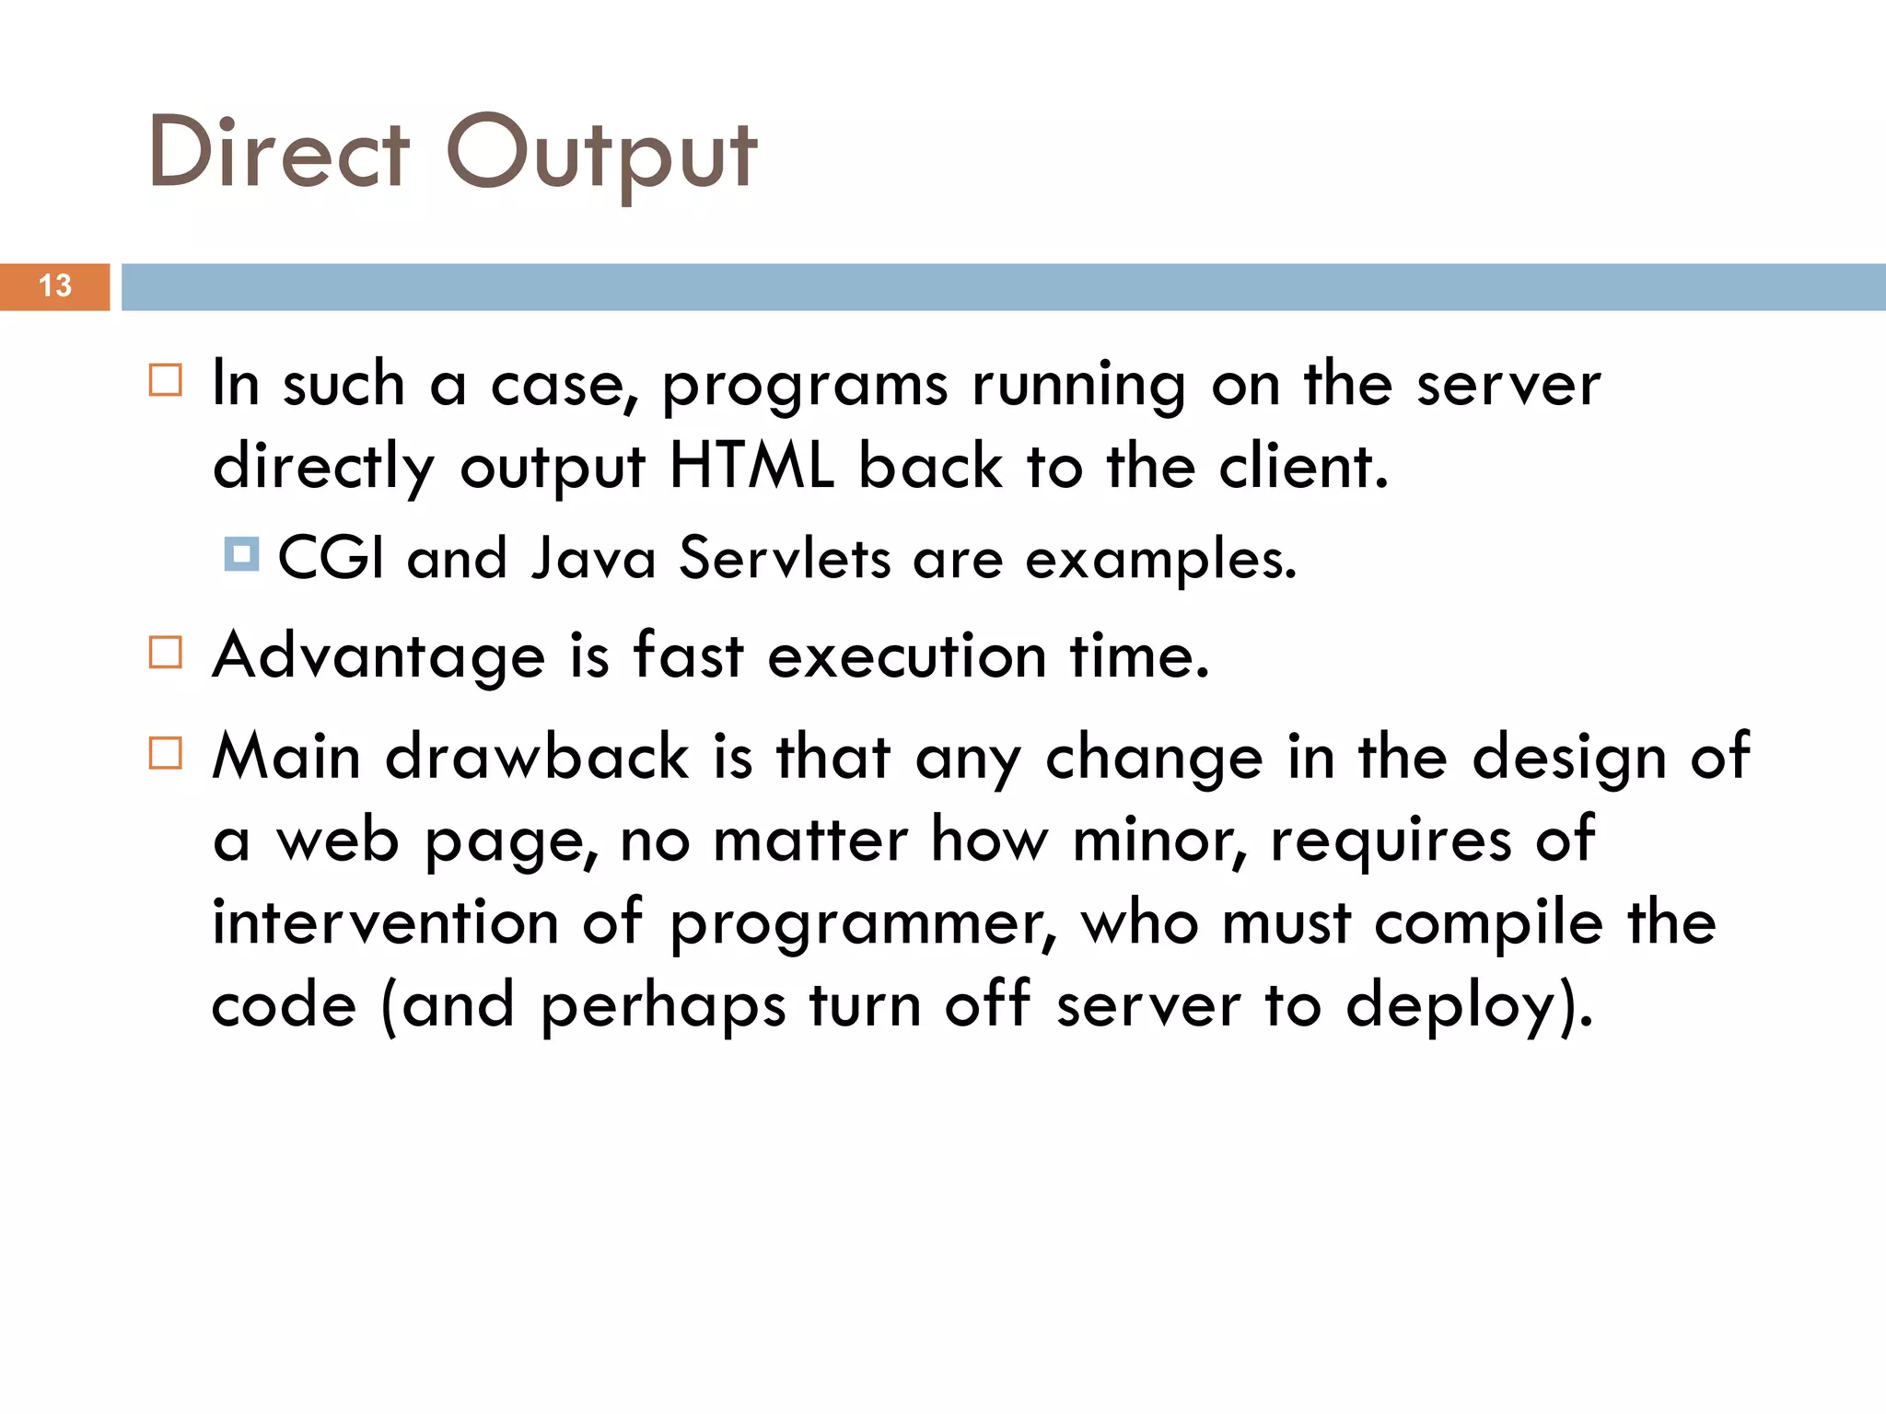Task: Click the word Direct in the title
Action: (278, 153)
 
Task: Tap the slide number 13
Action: (55, 286)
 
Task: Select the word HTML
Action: (751, 466)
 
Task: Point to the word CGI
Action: (331, 558)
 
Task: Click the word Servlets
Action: (785, 558)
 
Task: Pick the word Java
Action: (594, 558)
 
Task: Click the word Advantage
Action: (379, 656)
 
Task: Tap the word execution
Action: (907, 656)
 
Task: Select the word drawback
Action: (537, 757)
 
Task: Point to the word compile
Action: (1489, 923)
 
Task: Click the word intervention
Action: (385, 922)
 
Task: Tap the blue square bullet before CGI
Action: (241, 554)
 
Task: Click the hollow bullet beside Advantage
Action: (166, 653)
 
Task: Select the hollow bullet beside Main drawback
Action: (166, 753)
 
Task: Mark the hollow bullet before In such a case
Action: (166, 380)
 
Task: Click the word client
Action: (1302, 466)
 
